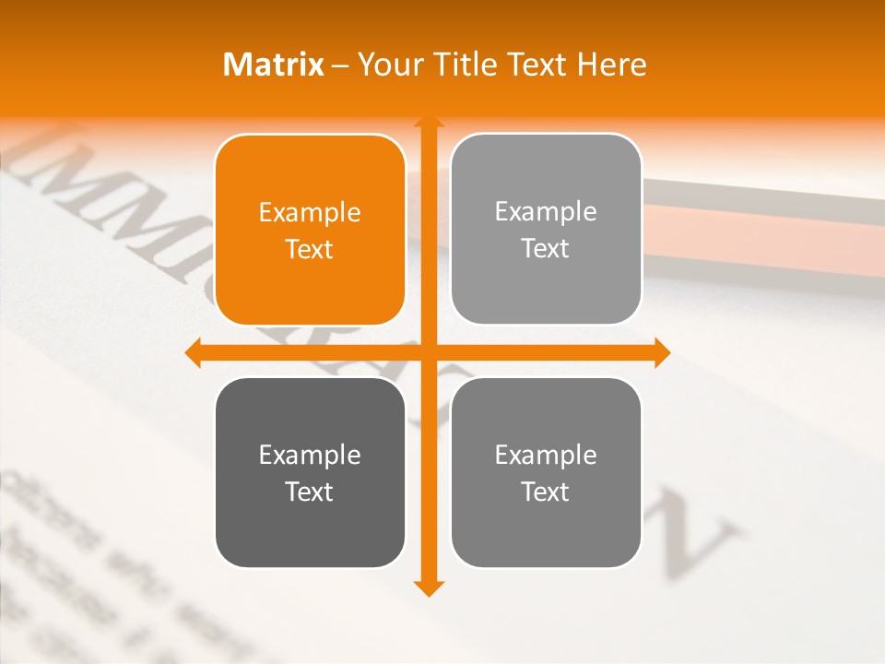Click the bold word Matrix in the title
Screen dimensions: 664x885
coord(274,65)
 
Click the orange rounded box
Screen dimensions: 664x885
coord(310,231)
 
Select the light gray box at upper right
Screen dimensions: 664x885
coord(546,230)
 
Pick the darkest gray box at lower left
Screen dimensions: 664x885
coord(310,472)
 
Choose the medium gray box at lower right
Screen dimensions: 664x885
coord(546,472)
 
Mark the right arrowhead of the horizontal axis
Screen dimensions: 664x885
coord(661,352)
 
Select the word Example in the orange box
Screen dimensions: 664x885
coord(310,213)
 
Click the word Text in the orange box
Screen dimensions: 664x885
coord(310,249)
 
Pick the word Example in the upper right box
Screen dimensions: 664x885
coord(546,212)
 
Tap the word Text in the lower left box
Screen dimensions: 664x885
coord(310,492)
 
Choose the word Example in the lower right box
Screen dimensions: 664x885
coord(546,455)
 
